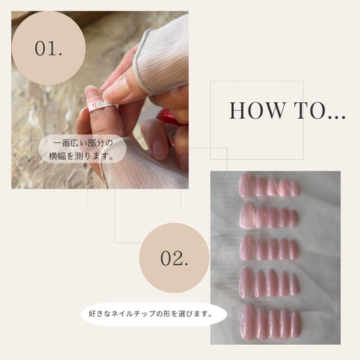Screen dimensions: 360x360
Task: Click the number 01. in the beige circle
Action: [48, 48]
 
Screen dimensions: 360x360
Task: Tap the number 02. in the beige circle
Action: [174, 258]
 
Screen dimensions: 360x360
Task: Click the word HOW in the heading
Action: [258, 111]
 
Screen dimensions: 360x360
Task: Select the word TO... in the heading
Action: [320, 111]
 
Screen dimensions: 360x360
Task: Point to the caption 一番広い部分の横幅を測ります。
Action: [83, 149]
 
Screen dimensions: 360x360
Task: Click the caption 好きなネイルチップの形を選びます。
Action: [150, 314]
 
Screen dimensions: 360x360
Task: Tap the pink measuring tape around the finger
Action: [98, 104]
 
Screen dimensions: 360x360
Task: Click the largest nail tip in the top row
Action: [247, 186]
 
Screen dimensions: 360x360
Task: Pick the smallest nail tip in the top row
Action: [294, 189]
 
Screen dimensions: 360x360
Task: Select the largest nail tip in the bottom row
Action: [248, 323]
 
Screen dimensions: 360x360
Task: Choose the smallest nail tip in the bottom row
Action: [295, 325]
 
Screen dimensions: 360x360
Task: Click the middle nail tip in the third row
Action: [273, 249]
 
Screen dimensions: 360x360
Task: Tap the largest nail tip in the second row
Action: [247, 215]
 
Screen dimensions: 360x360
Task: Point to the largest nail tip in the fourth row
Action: [247, 283]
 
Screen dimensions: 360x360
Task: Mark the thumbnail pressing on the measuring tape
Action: [115, 89]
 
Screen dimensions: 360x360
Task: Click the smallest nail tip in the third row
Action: [293, 250]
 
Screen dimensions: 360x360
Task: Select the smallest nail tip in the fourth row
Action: [294, 285]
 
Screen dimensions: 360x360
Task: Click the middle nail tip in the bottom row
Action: [274, 324]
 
